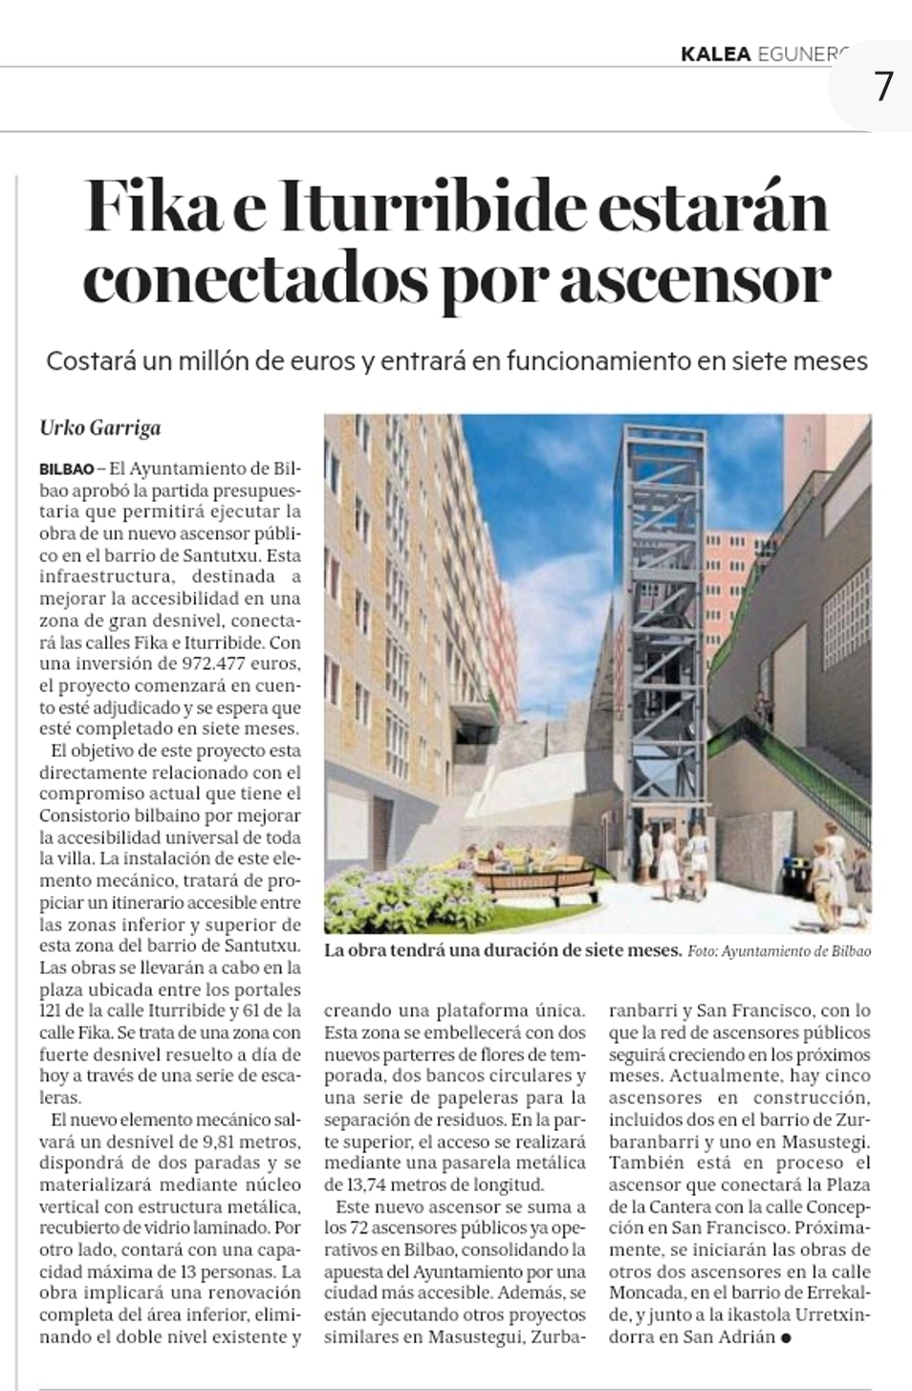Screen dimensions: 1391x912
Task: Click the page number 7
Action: (x=882, y=87)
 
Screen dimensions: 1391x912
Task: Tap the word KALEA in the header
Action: (x=715, y=54)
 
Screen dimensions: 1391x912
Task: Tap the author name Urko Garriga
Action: (x=99, y=427)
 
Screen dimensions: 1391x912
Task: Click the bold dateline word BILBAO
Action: (x=67, y=469)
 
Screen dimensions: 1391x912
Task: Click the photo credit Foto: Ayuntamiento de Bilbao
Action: (x=778, y=952)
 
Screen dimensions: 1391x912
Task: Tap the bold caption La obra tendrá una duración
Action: (x=502, y=951)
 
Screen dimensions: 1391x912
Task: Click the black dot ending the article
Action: (x=786, y=1337)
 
